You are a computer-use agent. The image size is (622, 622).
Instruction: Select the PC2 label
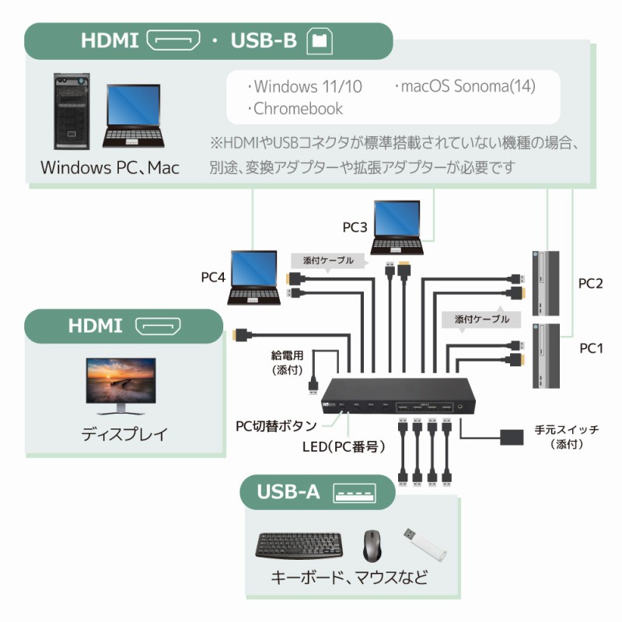[x=591, y=283]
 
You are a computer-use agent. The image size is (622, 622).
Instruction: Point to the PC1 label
[x=591, y=348]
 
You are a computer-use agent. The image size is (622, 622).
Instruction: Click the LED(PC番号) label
[x=339, y=447]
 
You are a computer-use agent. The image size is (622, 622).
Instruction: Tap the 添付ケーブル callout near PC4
[x=322, y=260]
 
